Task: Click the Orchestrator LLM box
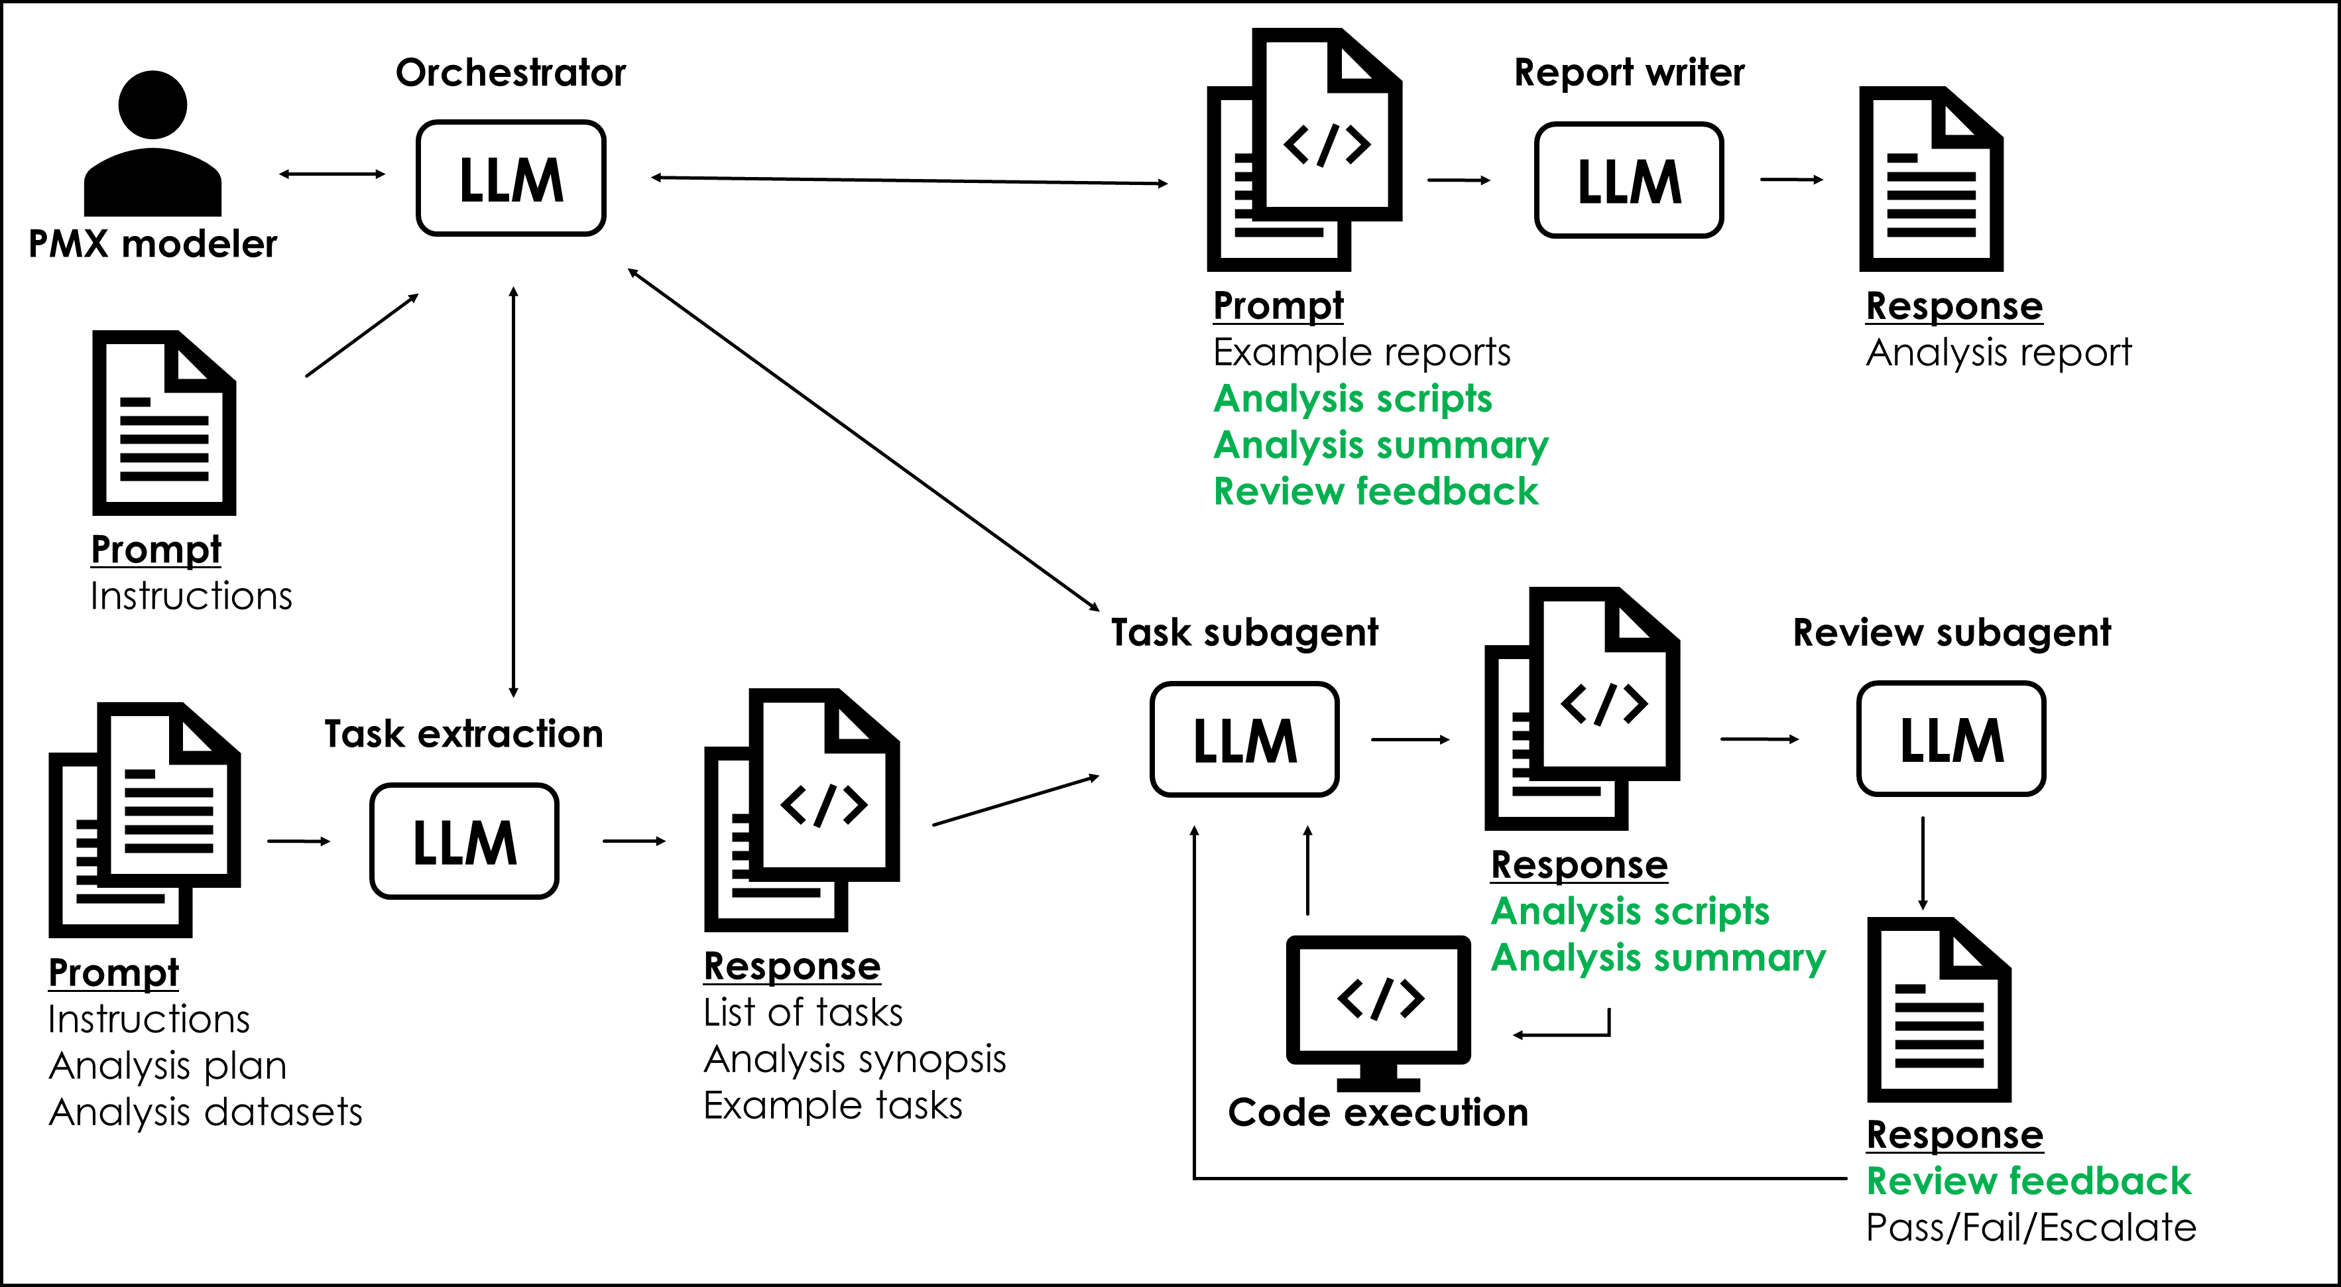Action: [510, 178]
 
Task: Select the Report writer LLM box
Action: [1628, 180]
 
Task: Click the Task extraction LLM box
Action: [464, 841]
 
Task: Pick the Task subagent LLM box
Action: [1244, 739]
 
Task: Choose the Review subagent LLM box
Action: [1951, 739]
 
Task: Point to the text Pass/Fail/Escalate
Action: [2030, 1227]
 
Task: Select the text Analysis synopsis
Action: [854, 1059]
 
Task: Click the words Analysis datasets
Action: [206, 1111]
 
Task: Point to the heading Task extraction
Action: [463, 733]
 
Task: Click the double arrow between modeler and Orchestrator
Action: [331, 174]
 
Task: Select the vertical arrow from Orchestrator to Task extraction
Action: [513, 491]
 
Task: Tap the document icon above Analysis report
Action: [1931, 179]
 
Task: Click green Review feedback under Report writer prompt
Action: [1376, 492]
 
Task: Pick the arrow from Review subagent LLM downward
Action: [1922, 863]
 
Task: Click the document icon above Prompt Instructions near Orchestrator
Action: [164, 422]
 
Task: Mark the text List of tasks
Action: [802, 1012]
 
